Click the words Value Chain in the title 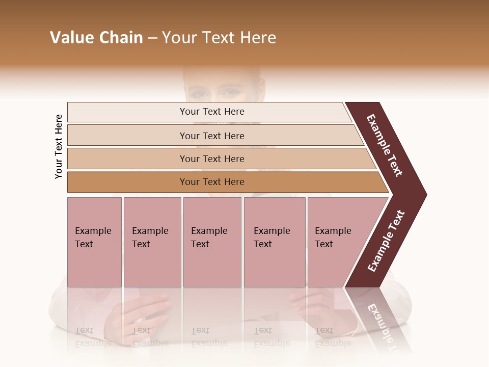pos(96,38)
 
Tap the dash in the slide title pos(152,38)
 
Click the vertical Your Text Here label pos(59,146)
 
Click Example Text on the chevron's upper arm pos(385,145)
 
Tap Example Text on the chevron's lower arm pos(386,241)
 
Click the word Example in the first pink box pos(93,231)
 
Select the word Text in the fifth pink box pos(324,244)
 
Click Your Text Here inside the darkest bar pos(212,182)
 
